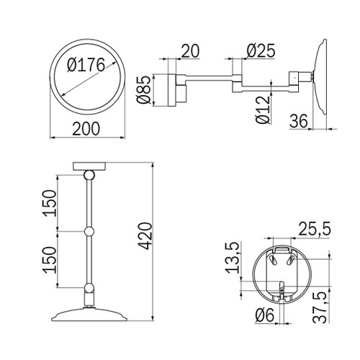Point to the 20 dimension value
(189, 52)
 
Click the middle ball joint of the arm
(90, 232)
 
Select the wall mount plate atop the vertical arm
(90, 167)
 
